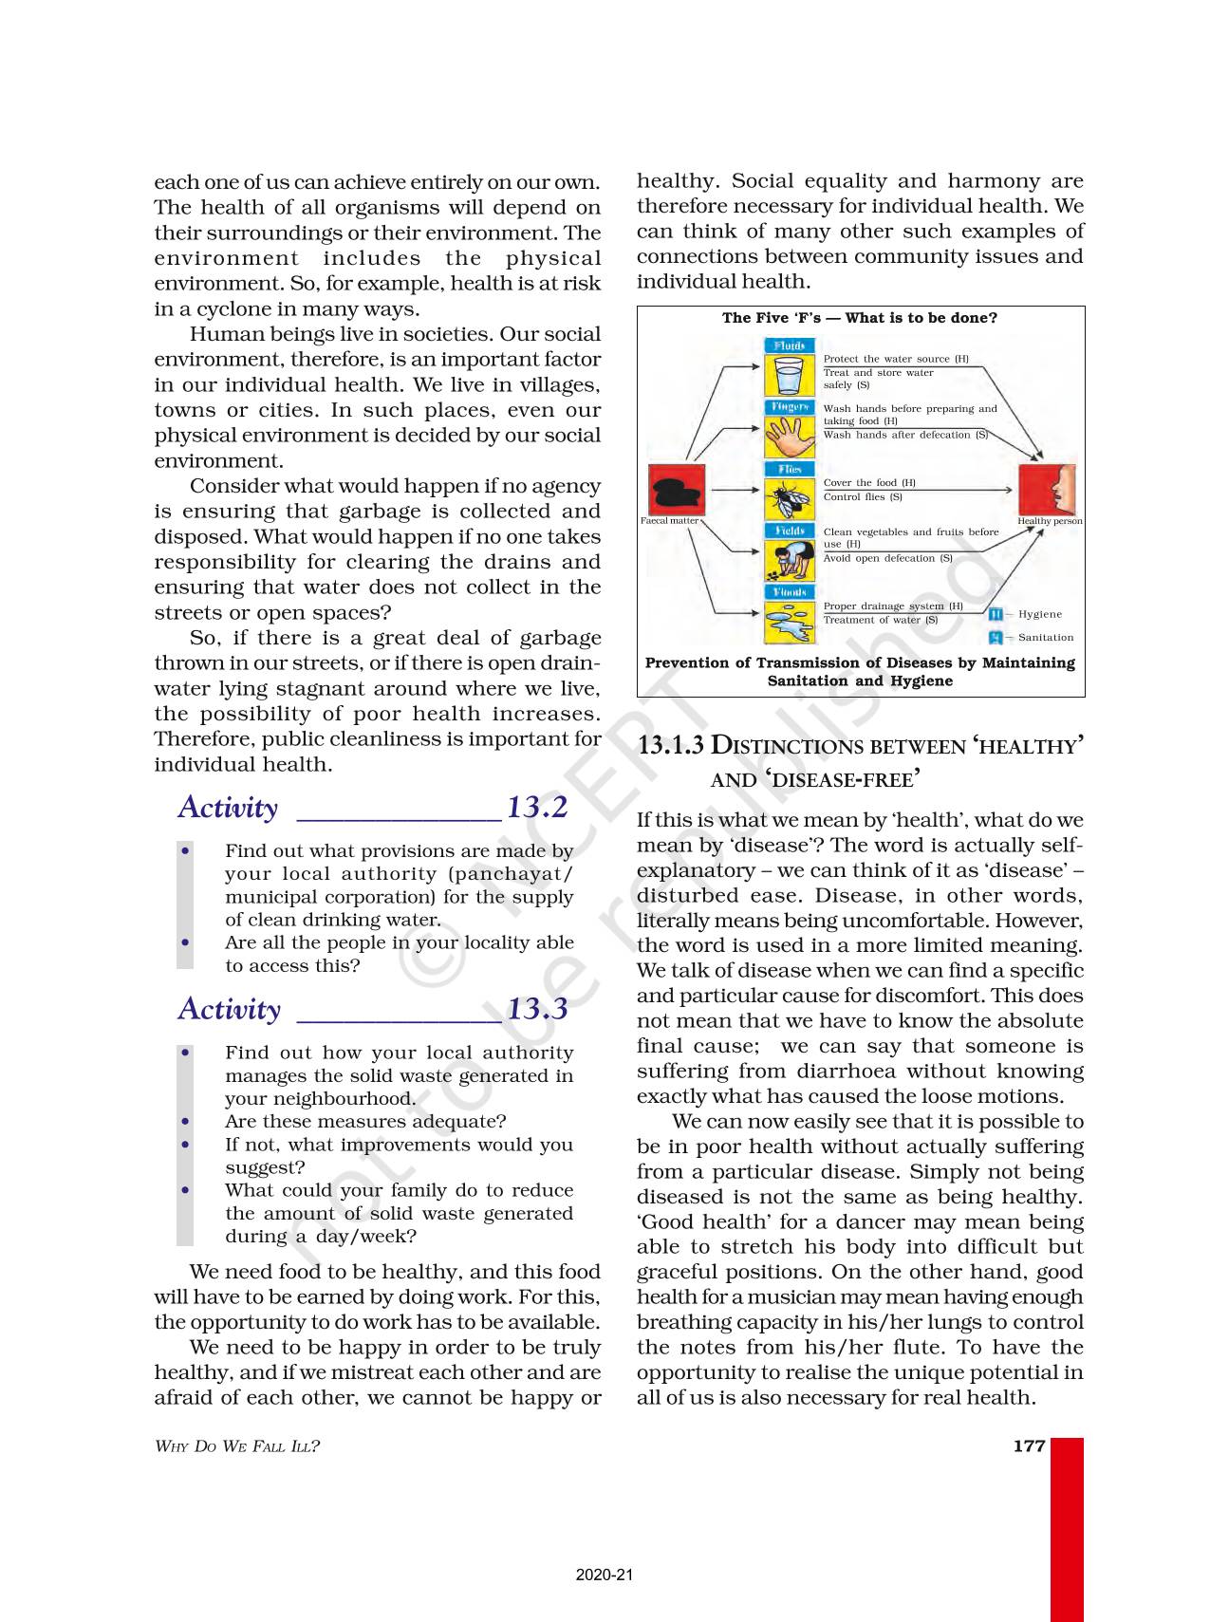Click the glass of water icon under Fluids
pos(789,376)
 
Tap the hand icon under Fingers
pos(789,438)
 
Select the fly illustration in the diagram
pos(789,499)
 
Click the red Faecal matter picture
pos(676,490)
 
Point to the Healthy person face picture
pos(1048,490)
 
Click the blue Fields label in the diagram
pos(790,531)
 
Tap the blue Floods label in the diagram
pos(790,592)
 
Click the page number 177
pos(1029,1445)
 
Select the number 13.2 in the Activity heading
pos(537,807)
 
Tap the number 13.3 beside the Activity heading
pos(537,1008)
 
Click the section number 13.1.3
pos(671,746)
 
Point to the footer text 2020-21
pos(604,1575)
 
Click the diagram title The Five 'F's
pos(859,318)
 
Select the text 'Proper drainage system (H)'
pos(893,606)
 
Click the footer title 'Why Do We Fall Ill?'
pos(237,1446)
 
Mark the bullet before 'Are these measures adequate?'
pos(186,1121)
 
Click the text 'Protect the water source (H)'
pos(896,359)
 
